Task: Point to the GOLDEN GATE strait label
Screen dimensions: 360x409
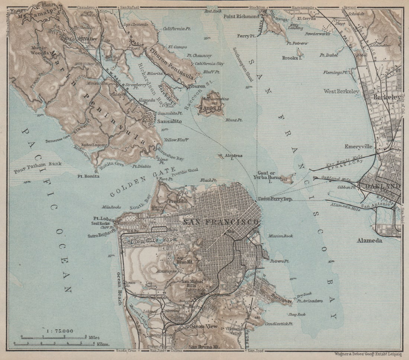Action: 142,181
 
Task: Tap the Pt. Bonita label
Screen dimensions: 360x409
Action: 88,176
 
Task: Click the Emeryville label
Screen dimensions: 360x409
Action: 358,146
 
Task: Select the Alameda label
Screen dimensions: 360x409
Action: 370,241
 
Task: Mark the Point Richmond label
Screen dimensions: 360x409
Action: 241,17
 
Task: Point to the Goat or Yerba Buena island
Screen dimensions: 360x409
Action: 287,179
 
